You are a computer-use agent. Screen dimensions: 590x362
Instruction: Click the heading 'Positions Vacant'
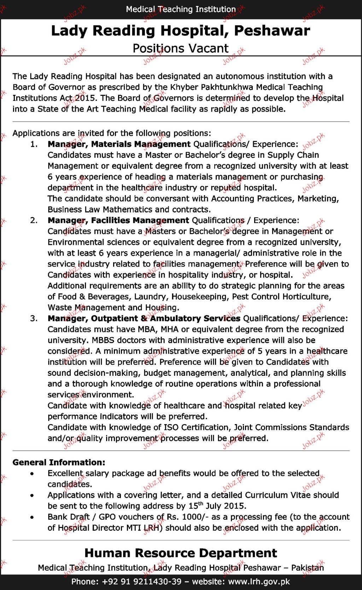(x=181, y=48)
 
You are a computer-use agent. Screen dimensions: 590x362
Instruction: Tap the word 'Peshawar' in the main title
(x=272, y=31)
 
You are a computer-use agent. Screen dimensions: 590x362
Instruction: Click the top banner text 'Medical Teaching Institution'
(x=181, y=9)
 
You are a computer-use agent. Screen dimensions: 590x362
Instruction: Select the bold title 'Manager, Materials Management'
(x=119, y=144)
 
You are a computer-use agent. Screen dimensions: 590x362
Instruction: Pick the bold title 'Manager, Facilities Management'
(x=118, y=221)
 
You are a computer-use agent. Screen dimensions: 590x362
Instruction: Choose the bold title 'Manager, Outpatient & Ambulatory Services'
(x=144, y=318)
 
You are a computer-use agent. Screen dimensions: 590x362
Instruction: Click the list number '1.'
(x=34, y=144)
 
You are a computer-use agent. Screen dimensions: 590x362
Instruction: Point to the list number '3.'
(x=34, y=318)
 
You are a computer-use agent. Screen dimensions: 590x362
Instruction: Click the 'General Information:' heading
(x=59, y=462)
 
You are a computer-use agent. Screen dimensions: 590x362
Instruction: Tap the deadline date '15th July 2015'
(x=216, y=506)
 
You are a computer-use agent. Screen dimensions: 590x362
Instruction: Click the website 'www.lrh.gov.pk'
(x=259, y=582)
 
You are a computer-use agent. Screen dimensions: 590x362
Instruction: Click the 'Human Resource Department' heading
(x=181, y=553)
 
